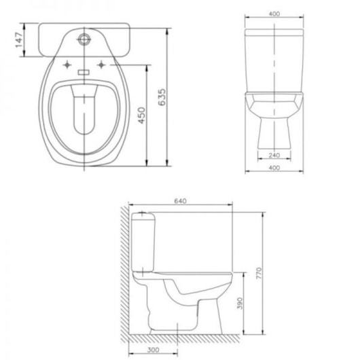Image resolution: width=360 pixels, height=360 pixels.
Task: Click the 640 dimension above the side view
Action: (x=181, y=201)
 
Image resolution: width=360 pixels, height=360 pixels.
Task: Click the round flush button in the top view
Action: (x=86, y=39)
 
